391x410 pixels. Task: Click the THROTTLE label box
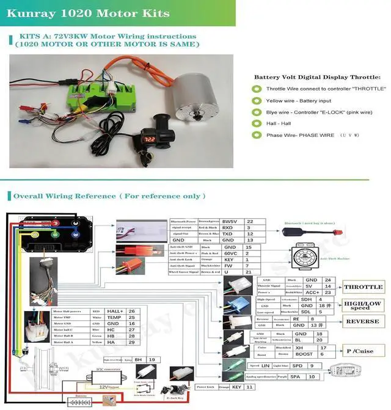tap(363, 287)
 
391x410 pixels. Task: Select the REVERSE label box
tap(363, 321)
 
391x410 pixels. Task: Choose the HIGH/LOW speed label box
tap(363, 304)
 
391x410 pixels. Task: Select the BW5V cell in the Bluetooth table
tap(230, 221)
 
